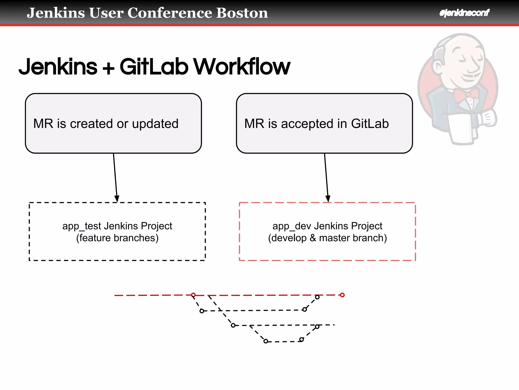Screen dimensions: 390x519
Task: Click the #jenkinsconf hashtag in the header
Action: [x=464, y=13]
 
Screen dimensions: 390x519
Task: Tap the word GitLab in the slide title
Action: [x=154, y=67]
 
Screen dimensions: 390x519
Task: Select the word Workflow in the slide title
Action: [x=242, y=67]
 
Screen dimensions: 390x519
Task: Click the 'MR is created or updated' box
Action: [x=113, y=123]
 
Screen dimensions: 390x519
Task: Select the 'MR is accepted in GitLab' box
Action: [x=324, y=123]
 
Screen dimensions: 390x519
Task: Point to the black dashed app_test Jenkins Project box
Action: [x=117, y=249]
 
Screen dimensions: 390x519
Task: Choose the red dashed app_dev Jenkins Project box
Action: [x=327, y=249]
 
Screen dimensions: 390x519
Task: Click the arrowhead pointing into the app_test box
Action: [x=117, y=199]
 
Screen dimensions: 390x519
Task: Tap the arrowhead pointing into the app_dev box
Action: [x=328, y=199]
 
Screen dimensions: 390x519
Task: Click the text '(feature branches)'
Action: [x=117, y=238]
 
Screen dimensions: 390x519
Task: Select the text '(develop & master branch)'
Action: [x=327, y=238]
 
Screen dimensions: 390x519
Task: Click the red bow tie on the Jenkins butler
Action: [x=466, y=94]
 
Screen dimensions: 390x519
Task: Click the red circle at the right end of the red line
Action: [x=342, y=295]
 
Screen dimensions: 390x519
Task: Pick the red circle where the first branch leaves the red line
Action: [x=193, y=295]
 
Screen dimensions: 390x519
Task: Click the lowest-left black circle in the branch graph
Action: [x=266, y=341]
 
